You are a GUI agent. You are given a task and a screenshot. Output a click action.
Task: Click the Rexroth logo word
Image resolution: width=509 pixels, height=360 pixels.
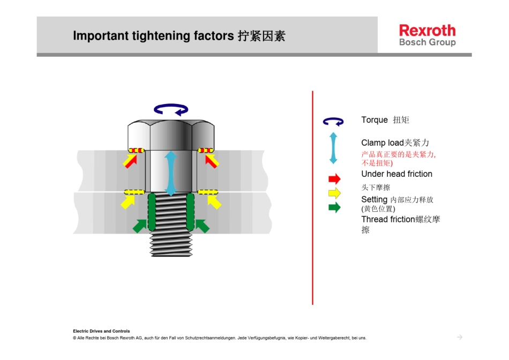[x=427, y=31]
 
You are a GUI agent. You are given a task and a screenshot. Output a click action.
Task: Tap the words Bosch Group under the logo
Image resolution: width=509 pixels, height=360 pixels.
[x=427, y=42]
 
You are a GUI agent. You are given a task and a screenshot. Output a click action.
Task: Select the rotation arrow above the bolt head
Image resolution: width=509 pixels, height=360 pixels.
[x=171, y=110]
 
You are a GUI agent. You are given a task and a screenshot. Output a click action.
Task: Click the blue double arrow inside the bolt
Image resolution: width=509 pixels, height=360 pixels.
[x=170, y=172]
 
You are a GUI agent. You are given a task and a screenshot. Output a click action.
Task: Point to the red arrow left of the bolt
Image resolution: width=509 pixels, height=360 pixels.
[x=130, y=160]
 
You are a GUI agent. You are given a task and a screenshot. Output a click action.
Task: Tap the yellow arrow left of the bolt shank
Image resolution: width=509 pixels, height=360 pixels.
[x=128, y=201]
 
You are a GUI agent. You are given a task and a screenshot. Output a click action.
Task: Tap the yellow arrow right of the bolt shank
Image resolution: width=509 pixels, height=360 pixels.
[x=214, y=201]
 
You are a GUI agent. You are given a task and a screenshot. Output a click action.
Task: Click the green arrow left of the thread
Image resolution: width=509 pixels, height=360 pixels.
[x=139, y=226]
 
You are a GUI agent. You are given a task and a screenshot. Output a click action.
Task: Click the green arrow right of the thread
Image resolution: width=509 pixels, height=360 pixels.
[x=202, y=226]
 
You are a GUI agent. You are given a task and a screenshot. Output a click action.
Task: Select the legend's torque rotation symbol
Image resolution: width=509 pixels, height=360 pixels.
[x=333, y=122]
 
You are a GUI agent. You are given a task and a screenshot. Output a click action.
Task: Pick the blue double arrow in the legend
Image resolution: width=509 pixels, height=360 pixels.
[x=333, y=148]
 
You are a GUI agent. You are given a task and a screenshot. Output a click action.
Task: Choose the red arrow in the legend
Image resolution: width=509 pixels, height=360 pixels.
[x=334, y=179]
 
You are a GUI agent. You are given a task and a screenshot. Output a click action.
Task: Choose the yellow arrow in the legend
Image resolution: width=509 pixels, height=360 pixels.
[x=334, y=193]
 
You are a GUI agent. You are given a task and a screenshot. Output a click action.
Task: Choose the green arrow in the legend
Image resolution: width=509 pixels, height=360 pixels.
[x=334, y=207]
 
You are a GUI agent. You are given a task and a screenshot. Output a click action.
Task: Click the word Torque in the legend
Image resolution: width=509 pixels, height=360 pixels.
[x=375, y=120]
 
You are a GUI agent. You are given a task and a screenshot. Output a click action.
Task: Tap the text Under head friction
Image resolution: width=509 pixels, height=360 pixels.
[x=396, y=174]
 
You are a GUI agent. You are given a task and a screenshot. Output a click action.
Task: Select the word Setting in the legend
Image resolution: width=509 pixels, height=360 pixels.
[x=374, y=200]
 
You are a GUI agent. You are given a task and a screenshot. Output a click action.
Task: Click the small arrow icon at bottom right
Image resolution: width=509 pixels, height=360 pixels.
[x=459, y=337]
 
